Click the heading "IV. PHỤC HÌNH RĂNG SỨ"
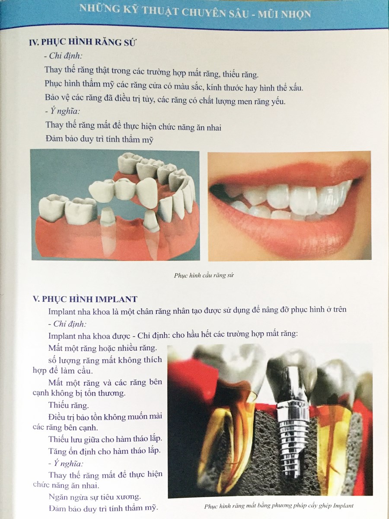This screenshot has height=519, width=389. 82,43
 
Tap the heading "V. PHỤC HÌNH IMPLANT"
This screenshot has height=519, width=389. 85,299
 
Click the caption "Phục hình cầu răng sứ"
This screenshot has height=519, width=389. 204,275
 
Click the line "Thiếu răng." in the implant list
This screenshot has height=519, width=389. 68,405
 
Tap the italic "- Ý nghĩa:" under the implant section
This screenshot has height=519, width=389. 66,464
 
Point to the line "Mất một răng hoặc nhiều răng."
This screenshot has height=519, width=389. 102,348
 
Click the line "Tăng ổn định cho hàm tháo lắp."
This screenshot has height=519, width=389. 105,451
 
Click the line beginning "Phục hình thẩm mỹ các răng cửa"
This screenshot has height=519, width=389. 174,86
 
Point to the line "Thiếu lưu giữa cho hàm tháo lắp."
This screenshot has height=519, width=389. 105,439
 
